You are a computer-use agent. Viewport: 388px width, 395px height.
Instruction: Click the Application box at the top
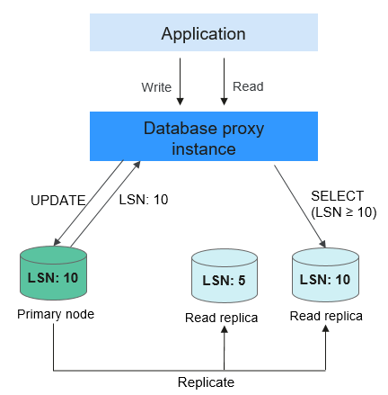point(204,32)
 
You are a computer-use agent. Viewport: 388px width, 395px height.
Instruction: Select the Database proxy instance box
point(204,137)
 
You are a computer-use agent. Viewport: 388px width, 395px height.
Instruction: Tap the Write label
point(156,87)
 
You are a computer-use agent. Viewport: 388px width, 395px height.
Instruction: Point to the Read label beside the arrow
point(248,86)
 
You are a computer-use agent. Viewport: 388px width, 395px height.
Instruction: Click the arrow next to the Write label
point(180,81)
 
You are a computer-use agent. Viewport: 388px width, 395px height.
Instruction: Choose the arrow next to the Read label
point(224,81)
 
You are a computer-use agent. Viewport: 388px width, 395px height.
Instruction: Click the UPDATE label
point(58,201)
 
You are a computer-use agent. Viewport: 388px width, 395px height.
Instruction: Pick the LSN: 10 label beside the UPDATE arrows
point(144,200)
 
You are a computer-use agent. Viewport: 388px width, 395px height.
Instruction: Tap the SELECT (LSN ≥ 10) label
point(343,204)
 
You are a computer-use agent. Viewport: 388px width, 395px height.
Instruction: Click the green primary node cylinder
point(53,273)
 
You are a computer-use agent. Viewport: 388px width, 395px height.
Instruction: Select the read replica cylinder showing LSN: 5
point(225,275)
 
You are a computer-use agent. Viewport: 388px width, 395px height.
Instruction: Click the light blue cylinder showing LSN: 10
point(325,274)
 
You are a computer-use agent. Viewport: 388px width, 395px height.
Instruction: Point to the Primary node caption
point(56,314)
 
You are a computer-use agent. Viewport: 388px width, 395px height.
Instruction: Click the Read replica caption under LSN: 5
point(221,318)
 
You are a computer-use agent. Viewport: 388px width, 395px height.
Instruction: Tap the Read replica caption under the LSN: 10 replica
point(326,316)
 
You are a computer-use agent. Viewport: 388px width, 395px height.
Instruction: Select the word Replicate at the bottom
point(206,382)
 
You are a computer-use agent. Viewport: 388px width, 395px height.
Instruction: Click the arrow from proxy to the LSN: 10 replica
point(300,206)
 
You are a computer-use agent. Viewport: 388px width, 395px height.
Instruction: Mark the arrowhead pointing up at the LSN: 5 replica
point(225,329)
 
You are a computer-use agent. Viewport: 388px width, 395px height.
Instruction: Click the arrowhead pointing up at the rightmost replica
point(325,328)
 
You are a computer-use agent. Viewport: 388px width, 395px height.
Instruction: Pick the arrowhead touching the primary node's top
point(57,242)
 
